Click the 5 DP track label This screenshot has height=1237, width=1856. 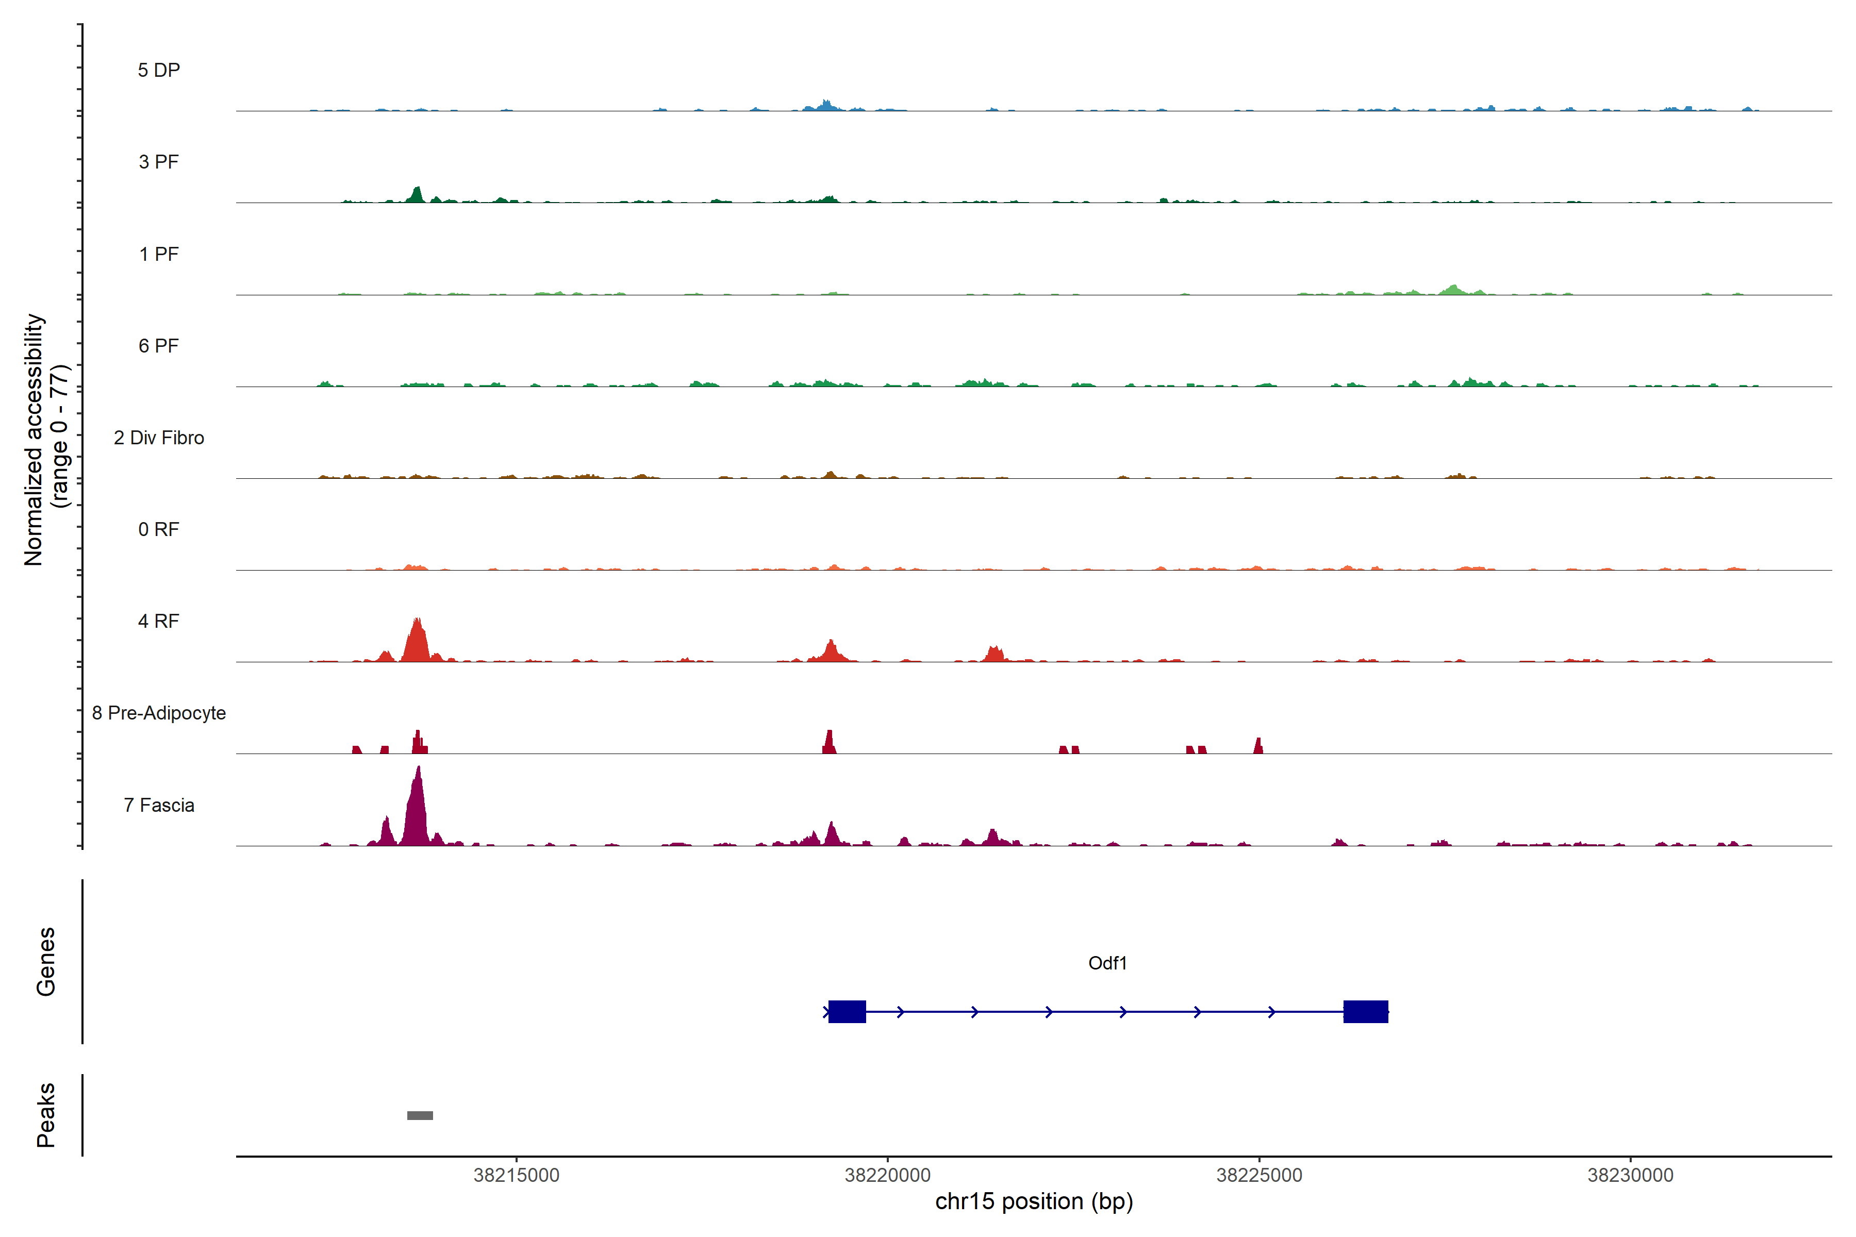(x=159, y=70)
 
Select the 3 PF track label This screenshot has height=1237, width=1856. (x=159, y=162)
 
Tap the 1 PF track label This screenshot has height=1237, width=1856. (x=159, y=254)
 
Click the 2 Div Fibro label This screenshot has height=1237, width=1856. (x=159, y=438)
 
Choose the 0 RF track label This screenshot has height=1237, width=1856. (x=159, y=529)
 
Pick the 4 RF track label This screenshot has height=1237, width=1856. (x=159, y=621)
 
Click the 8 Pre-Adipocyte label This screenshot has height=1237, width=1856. (x=159, y=713)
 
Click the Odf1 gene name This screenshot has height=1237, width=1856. (x=1107, y=963)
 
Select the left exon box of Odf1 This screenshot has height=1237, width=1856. (x=847, y=1011)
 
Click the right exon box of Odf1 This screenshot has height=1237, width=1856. (x=1365, y=1011)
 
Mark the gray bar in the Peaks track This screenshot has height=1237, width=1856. (x=420, y=1115)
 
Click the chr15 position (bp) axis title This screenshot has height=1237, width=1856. (x=1034, y=1201)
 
